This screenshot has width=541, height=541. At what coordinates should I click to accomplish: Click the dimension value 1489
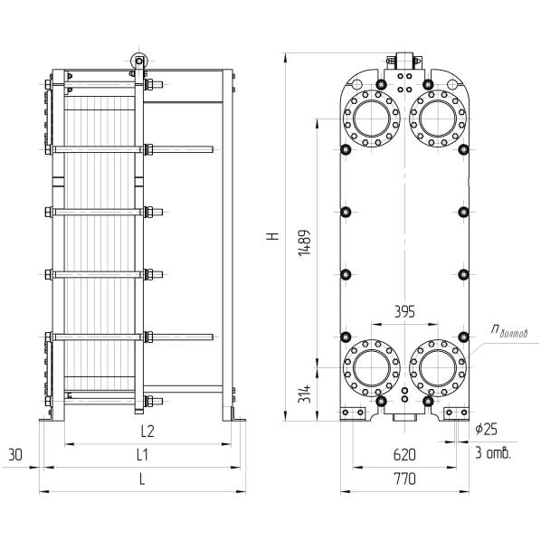(x=305, y=242)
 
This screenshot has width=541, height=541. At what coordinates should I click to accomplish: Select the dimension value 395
(x=404, y=312)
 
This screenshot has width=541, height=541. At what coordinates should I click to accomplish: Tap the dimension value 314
(x=305, y=394)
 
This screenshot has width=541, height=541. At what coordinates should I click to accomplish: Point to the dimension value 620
(x=404, y=455)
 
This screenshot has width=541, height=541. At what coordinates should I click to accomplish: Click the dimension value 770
(x=404, y=479)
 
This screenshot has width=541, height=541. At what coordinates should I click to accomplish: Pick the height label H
(x=273, y=236)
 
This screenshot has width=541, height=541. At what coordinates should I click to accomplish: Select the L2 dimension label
(x=147, y=431)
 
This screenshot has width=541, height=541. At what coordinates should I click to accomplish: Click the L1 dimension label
(x=142, y=455)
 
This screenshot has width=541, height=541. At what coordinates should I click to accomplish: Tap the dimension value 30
(x=15, y=455)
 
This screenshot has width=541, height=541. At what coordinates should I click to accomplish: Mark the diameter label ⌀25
(x=486, y=429)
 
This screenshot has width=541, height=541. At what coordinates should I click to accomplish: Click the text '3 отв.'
(x=493, y=453)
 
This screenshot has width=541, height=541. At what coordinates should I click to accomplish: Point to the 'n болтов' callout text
(x=509, y=332)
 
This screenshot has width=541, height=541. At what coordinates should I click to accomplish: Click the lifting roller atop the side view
(x=138, y=62)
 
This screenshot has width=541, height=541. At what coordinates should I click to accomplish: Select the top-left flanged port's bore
(x=372, y=119)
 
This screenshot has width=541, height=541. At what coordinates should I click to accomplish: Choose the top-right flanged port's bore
(x=438, y=119)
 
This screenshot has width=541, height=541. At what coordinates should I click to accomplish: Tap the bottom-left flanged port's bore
(x=372, y=368)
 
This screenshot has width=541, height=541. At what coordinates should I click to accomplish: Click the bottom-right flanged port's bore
(x=438, y=368)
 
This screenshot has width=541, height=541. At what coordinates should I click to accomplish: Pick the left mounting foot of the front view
(x=353, y=413)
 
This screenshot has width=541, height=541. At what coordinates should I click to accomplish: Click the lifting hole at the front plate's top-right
(x=452, y=84)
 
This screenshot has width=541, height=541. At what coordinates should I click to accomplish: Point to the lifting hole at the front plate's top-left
(x=357, y=84)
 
